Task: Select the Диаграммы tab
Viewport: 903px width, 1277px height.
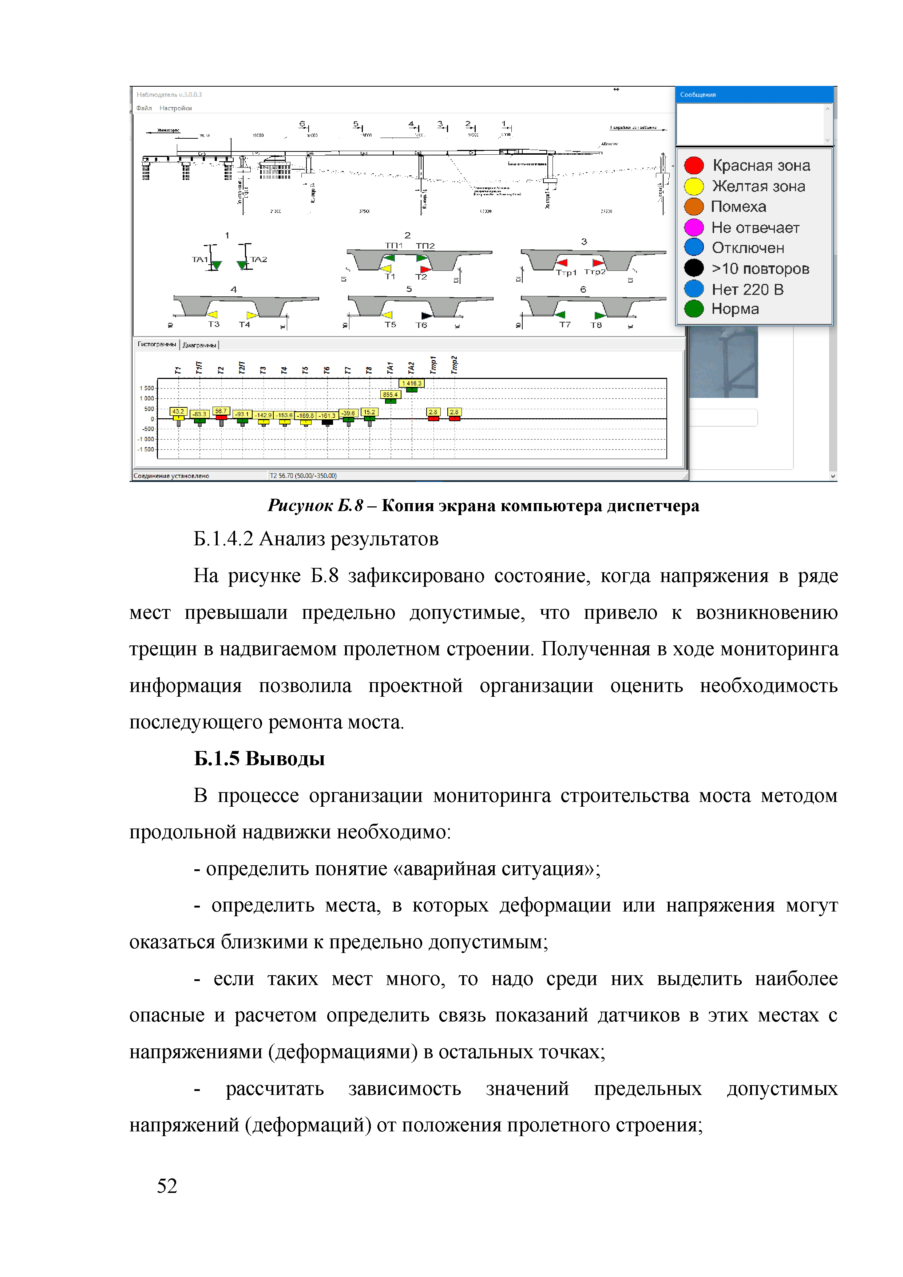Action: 199,345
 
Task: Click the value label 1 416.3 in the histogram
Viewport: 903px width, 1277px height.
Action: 412,383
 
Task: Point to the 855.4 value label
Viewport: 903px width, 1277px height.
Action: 390,394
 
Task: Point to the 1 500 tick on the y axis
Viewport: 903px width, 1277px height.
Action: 147,388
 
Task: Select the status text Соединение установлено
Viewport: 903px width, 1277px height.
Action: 171,476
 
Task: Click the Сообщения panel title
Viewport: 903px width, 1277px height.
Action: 698,95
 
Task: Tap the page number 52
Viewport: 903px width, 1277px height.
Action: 167,1185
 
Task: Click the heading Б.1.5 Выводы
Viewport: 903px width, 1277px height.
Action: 259,759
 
